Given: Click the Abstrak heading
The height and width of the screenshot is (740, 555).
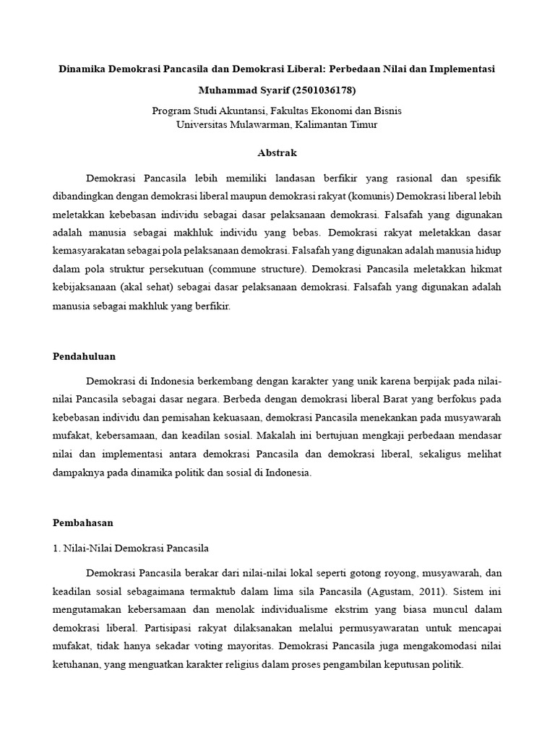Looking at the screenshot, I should pos(277,153).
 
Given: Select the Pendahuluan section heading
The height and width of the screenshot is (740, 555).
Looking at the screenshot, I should pos(85,356).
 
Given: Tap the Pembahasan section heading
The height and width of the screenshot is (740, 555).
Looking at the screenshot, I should pos(83,521).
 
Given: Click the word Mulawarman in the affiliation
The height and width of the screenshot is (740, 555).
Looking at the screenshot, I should pos(267,124).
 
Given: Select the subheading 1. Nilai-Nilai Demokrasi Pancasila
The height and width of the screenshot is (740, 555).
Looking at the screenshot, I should pos(131,548).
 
